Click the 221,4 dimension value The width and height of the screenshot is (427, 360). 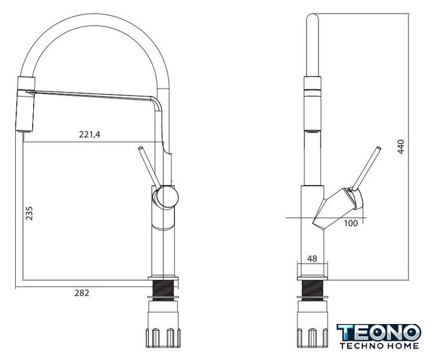pyautogui.click(x=89, y=134)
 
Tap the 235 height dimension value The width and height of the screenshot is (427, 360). pyautogui.click(x=29, y=213)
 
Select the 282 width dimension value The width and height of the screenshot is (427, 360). pyautogui.click(x=82, y=292)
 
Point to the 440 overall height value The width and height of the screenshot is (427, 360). pyautogui.click(x=401, y=147)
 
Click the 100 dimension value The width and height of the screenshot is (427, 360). pyautogui.click(x=350, y=223)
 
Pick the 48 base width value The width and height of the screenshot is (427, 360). pyautogui.click(x=312, y=258)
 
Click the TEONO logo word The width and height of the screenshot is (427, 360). pyautogui.click(x=379, y=332)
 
